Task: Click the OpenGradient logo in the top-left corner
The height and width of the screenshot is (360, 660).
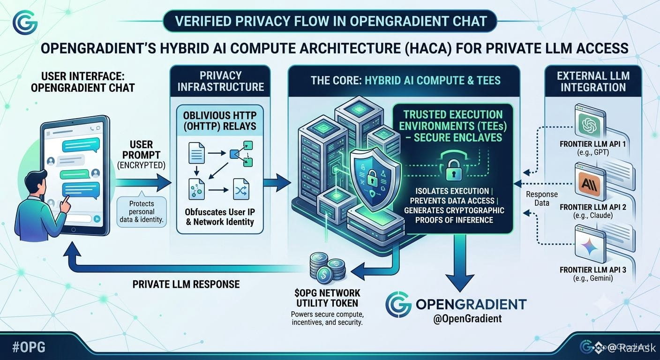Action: click(x=25, y=22)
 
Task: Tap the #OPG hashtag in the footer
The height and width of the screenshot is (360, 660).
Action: click(x=29, y=347)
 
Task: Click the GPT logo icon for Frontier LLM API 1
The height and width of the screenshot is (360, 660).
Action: click(x=589, y=124)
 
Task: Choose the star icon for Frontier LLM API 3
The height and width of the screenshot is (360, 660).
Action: click(x=589, y=247)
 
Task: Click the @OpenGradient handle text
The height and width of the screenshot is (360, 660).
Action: click(x=467, y=318)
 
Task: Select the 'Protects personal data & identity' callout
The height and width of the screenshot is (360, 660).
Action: click(x=142, y=211)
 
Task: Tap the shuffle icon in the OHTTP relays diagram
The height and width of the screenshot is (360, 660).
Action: click(x=241, y=189)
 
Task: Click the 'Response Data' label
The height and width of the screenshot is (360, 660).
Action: click(x=541, y=199)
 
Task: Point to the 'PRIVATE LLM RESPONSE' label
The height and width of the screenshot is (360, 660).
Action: click(x=186, y=284)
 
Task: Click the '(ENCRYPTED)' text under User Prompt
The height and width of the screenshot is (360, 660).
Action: click(x=141, y=165)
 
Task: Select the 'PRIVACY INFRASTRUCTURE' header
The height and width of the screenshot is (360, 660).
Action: click(x=220, y=81)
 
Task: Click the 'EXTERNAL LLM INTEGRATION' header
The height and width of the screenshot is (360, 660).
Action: click(x=593, y=82)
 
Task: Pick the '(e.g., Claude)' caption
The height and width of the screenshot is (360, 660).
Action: click(x=593, y=215)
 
